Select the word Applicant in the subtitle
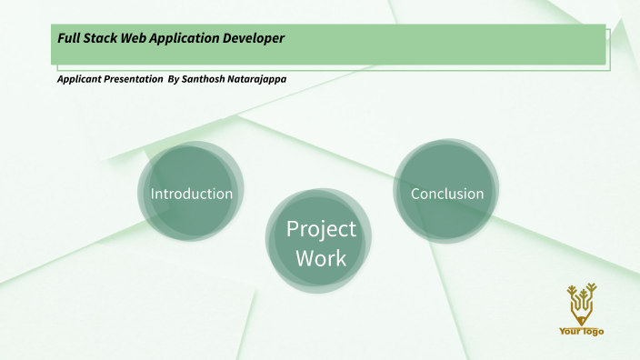(78, 79)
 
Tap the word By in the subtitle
(174, 79)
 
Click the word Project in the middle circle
(321, 228)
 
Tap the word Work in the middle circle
(321, 258)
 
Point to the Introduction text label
(192, 194)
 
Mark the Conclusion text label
(447, 194)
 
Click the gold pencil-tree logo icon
(581, 303)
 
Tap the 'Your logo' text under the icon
(581, 331)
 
